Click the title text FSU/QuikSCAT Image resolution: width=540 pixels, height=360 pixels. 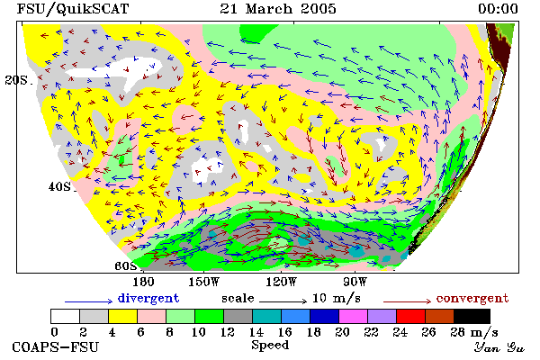coord(73,9)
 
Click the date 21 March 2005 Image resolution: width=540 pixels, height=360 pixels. coord(278,9)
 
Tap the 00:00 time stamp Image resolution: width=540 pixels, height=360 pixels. coord(498,9)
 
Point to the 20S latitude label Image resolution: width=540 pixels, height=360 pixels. coord(19,80)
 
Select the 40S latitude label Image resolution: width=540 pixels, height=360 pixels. coord(61,186)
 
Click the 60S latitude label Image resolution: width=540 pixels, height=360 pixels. coord(125,266)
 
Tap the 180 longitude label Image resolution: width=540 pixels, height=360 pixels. coord(143,282)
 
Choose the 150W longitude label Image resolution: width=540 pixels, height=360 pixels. coord(203,282)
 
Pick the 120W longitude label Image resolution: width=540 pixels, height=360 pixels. coord(281,282)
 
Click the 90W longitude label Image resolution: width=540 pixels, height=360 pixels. coord(355,282)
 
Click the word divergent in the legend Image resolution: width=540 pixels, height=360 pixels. coord(148,298)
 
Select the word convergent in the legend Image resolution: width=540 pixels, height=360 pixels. coord(472,298)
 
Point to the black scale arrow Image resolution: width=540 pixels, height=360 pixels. coord(283,301)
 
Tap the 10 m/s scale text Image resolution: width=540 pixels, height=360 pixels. coord(337,298)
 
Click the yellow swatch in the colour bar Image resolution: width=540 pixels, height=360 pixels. coord(122,316)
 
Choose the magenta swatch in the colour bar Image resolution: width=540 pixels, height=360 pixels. coord(353,316)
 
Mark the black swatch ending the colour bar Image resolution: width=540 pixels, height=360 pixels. coord(472,316)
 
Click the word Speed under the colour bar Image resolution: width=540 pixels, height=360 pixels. coord(270,346)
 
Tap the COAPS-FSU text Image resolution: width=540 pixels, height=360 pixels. coord(56,346)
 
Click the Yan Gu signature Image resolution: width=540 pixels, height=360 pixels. coord(499,347)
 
